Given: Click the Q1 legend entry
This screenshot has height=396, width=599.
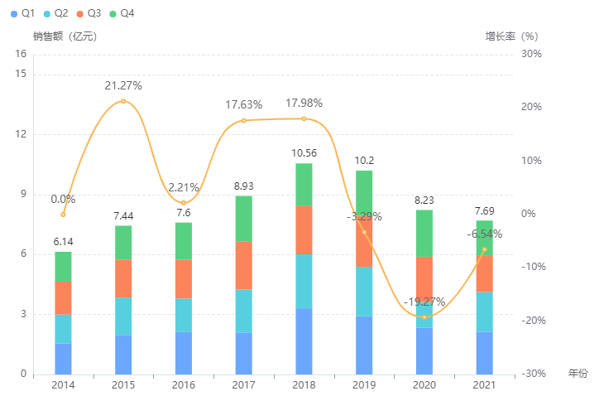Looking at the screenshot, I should [22, 14].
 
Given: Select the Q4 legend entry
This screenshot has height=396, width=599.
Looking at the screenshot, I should [122, 14].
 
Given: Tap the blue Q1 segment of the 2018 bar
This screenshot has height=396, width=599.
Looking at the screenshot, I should [304, 340].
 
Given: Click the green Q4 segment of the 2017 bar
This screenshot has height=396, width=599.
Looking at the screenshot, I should [243, 219].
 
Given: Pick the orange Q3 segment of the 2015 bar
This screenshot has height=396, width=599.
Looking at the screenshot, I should [123, 278].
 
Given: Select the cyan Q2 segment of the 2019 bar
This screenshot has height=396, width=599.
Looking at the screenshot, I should [364, 291].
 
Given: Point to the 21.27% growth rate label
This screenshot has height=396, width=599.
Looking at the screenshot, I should [123, 85].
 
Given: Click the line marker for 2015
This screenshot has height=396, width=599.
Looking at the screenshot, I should [123, 101].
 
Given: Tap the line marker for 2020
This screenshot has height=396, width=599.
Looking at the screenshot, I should [424, 316].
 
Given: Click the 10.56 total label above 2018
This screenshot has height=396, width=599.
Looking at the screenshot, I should [304, 152].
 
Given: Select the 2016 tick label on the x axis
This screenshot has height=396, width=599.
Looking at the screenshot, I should [184, 386].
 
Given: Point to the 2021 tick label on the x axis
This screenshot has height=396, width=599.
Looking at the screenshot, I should [484, 386].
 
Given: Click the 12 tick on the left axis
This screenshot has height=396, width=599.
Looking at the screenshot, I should [22, 134].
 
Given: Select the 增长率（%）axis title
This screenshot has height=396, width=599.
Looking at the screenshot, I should [511, 36].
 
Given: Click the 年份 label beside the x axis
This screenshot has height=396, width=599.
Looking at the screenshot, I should [577, 374].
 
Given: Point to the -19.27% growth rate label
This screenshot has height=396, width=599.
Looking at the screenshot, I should [424, 301].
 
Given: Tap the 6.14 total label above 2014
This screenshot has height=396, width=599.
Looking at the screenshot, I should [63, 241].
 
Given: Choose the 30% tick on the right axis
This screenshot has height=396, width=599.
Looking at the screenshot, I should [530, 54].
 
